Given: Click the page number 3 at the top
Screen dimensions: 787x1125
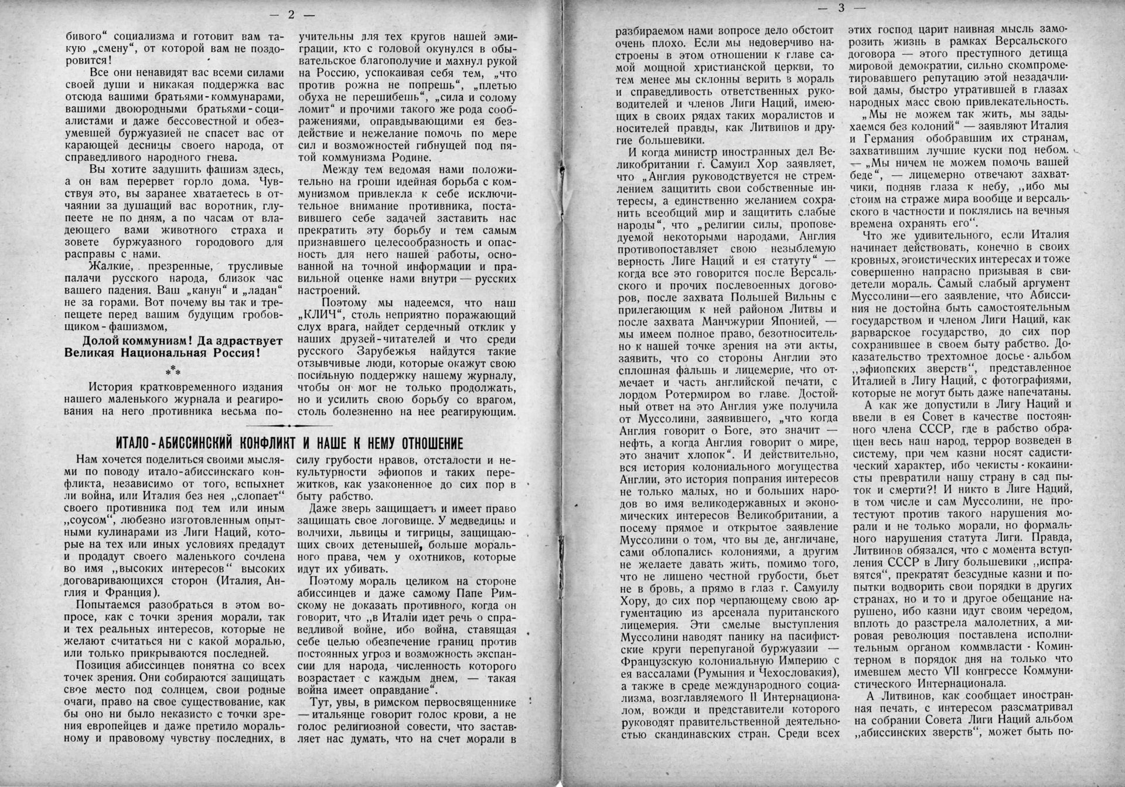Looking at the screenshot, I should (841, 8).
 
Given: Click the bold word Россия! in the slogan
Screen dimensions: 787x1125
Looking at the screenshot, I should (238, 354).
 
